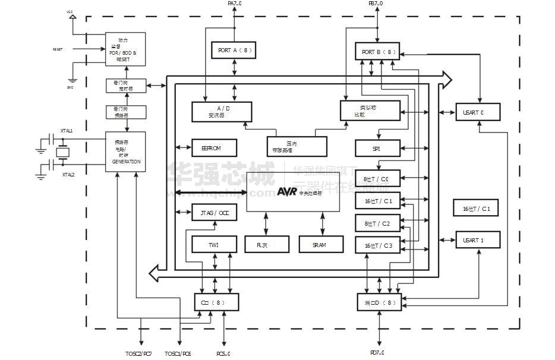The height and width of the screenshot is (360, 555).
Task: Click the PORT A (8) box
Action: pyautogui.click(x=232, y=50)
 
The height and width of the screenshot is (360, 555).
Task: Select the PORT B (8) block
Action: pyautogui.click(x=378, y=52)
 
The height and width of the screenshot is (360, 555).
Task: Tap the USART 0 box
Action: pyautogui.click(x=477, y=112)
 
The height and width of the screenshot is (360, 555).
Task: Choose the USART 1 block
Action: pyautogui.click(x=477, y=240)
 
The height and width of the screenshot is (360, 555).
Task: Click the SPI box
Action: pyautogui.click(x=377, y=148)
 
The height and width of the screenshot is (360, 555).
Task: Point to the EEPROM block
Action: pyautogui.click(x=214, y=148)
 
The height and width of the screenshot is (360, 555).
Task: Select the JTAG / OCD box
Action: pyautogui.click(x=214, y=212)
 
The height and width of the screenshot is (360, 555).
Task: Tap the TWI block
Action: pyautogui.click(x=214, y=244)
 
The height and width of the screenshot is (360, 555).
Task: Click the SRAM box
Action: pyautogui.click(x=320, y=244)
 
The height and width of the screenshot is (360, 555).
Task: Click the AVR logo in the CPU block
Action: pyautogui.click(x=287, y=191)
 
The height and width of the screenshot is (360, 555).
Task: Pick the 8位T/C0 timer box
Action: pyautogui.click(x=377, y=178)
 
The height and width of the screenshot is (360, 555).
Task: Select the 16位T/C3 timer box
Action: pyautogui.click(x=377, y=245)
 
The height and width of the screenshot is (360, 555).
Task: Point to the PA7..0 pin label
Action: pyautogui.click(x=235, y=4)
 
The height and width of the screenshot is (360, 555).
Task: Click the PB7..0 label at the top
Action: pyautogui.click(x=376, y=4)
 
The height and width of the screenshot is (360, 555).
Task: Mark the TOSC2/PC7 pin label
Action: pyautogui.click(x=138, y=353)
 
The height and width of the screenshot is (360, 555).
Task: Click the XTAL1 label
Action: pyautogui.click(x=66, y=131)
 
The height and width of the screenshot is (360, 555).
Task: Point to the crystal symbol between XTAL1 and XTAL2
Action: pyautogui.click(x=62, y=153)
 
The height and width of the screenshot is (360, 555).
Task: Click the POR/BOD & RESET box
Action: pyautogui.click(x=125, y=49)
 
